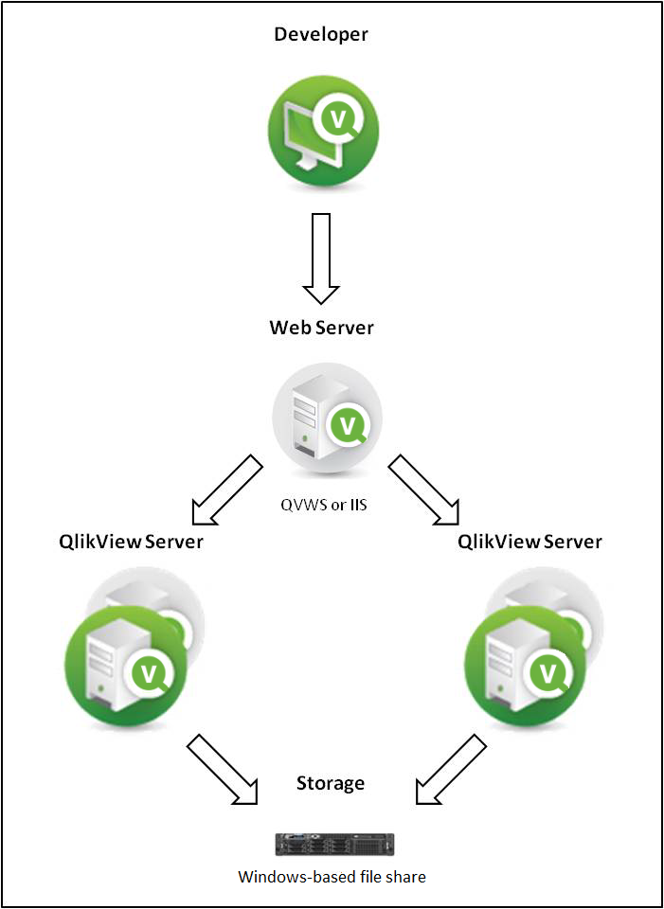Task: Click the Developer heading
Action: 321,35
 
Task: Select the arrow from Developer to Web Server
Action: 321,257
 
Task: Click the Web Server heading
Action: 321,329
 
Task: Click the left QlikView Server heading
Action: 131,542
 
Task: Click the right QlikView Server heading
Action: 529,542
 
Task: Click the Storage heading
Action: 330,783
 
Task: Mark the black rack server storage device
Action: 334,844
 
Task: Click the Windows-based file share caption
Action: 332,876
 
